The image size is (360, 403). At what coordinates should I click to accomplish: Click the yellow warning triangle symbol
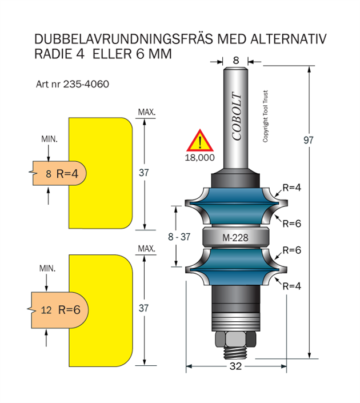coord(199,141)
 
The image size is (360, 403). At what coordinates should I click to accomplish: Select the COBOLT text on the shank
coord(237,117)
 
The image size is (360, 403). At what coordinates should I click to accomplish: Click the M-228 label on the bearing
coord(235,238)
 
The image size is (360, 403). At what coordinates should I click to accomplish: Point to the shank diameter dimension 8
coord(235,60)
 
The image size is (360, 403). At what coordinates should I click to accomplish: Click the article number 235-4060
coord(73,84)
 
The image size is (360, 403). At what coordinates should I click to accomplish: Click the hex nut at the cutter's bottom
coord(235,341)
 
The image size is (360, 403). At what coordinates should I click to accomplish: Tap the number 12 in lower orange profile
coord(46,310)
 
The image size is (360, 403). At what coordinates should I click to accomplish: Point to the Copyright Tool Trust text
coord(266,117)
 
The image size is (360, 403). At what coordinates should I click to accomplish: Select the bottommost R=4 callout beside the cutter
coord(291,285)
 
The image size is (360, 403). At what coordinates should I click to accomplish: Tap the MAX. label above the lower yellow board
coord(146,249)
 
